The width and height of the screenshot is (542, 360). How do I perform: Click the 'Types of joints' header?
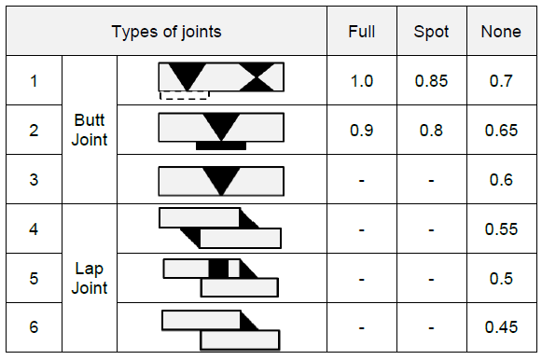coord(167,32)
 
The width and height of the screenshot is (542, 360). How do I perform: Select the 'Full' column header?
coord(361,32)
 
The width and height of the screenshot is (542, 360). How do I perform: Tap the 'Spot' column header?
coord(431,32)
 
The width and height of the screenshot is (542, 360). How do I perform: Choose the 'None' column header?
coord(501,32)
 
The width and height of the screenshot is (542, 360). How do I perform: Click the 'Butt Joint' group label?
coord(90,130)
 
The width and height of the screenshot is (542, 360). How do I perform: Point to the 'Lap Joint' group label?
coord(90,277)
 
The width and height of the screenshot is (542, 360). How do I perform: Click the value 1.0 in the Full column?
coord(361,81)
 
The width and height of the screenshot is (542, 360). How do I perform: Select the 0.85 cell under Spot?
coord(431,81)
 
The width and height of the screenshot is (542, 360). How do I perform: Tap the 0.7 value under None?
coord(501,81)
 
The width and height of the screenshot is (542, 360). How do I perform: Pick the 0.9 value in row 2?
coord(361,131)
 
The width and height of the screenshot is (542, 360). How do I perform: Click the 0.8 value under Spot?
coord(431,131)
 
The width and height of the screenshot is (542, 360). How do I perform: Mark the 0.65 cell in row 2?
coord(501,131)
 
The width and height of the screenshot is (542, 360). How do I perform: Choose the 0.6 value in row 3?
coord(501,180)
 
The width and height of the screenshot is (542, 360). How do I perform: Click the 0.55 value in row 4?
coord(501,228)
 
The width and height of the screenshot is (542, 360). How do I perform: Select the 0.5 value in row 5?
coord(501,278)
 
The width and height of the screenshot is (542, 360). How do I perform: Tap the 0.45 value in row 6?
coord(501,327)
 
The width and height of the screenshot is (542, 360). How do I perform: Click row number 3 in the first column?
coord(34,180)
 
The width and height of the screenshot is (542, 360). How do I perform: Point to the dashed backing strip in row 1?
coord(184,94)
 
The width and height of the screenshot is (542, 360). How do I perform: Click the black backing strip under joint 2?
coord(221,145)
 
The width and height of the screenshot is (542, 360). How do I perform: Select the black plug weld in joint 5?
coord(218,269)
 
